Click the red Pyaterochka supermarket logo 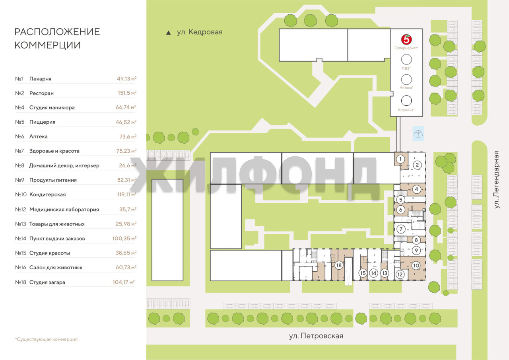pos(406,39)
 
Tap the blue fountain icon pos(418,133)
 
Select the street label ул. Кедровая pos(200,32)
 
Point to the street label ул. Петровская pos(316,336)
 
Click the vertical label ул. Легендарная pos(497,179)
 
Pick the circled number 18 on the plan pos(339,265)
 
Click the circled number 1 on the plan pos(400,159)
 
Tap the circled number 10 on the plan pos(416,265)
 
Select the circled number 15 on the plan pos(363,273)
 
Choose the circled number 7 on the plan pos(401,229)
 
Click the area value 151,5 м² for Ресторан pos(127,93)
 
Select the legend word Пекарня pos(40,79)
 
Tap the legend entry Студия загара pos(47,282)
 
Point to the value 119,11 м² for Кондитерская pos(126,194)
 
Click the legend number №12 pos(20,209)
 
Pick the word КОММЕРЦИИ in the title pos(47,45)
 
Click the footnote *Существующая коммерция pos(46,339)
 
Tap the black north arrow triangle pos(168,33)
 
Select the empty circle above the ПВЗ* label pos(406,60)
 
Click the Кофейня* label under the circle pos(406,110)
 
